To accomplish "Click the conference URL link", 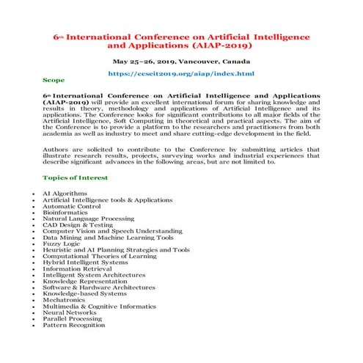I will (x=181, y=74).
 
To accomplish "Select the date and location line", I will (x=181, y=62).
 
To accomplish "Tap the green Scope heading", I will (x=54, y=79).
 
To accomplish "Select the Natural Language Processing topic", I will (x=88, y=219).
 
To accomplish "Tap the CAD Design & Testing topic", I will (x=78, y=225).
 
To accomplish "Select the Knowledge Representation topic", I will (x=84, y=282).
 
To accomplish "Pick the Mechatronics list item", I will (x=66, y=300).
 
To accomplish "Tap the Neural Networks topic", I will (x=69, y=312).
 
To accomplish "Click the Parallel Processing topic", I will (x=72, y=319).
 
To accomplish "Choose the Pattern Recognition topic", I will (x=73, y=325).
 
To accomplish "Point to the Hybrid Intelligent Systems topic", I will (x=84, y=263).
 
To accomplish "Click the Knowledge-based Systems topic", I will (x=82, y=293).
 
